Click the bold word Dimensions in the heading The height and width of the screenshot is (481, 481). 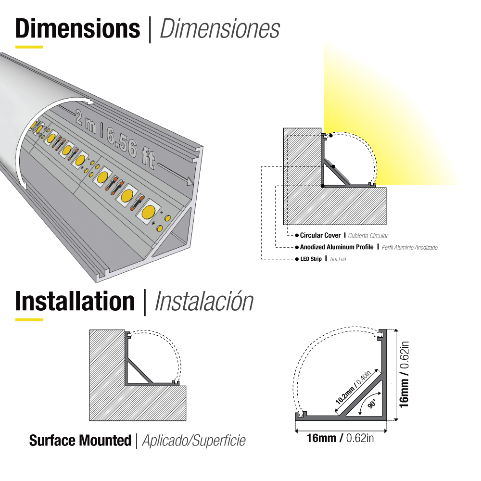click(x=77, y=29)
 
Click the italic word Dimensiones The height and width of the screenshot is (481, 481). click(x=219, y=29)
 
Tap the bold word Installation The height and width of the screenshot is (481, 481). click(x=75, y=301)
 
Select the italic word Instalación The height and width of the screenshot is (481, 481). click(x=204, y=301)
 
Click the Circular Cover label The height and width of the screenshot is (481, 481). click(x=320, y=236)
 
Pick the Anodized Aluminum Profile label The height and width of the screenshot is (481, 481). click(x=337, y=247)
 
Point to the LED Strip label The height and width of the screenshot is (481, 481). click(x=311, y=259)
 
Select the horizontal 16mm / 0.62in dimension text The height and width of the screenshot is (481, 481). click(x=340, y=438)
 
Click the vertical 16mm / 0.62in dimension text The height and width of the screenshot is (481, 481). click(x=405, y=375)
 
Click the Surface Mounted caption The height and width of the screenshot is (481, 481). click(x=80, y=440)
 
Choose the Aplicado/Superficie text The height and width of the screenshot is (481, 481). click(x=194, y=441)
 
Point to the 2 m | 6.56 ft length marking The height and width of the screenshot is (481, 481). click(x=115, y=138)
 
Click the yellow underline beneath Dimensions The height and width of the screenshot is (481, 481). click(x=29, y=47)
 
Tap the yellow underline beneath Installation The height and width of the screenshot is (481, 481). click(x=29, y=319)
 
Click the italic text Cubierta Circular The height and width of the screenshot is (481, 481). click(x=368, y=236)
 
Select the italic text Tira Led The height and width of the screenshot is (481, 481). click(x=338, y=259)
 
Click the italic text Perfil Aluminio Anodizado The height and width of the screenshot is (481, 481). click(x=410, y=247)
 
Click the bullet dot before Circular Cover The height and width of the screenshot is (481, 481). click(x=296, y=236)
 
